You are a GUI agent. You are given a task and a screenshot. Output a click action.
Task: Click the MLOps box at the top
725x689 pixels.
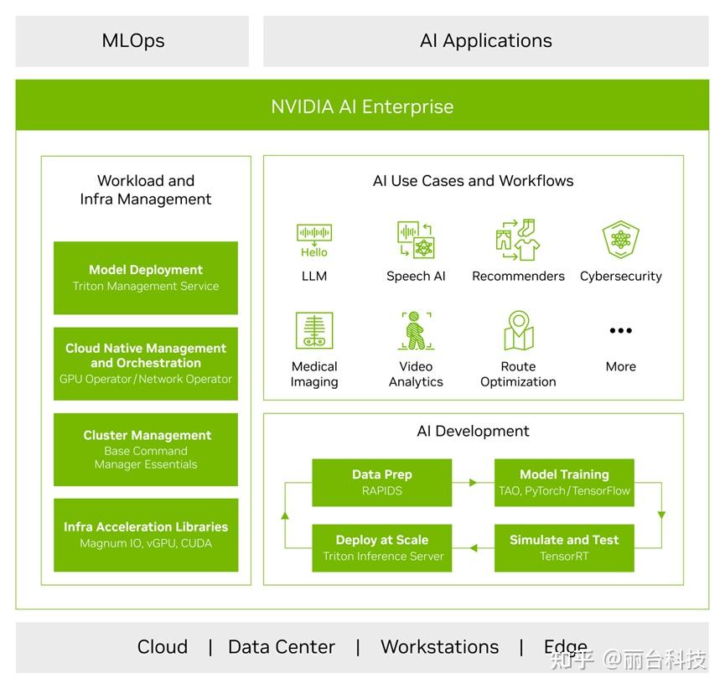point(132,41)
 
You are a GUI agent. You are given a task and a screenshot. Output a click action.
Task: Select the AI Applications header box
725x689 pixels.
point(485,41)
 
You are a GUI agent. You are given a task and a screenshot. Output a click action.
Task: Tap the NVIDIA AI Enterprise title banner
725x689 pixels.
point(362,106)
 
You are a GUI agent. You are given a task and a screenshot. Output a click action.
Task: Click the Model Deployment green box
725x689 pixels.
point(146,278)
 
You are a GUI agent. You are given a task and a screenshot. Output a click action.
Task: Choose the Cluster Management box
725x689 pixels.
point(146,449)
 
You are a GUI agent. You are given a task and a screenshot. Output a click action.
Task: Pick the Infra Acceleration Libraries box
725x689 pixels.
point(146,535)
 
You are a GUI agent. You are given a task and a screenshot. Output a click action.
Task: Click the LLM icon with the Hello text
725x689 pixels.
point(314,240)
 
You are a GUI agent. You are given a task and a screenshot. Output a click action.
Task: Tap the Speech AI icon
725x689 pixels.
point(416,240)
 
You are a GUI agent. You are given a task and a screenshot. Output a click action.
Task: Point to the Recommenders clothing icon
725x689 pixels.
point(518,240)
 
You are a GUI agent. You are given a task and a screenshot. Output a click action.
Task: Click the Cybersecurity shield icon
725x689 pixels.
point(620,240)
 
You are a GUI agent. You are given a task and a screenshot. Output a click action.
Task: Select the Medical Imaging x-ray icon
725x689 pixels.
point(314,330)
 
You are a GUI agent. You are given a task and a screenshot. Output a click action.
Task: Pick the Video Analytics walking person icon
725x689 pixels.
point(416,330)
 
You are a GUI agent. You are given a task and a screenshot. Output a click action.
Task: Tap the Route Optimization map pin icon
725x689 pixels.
point(518,330)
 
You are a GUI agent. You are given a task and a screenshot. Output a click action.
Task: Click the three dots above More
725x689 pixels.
point(620,331)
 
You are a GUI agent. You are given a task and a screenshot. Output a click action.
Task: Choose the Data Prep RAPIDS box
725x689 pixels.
point(381,483)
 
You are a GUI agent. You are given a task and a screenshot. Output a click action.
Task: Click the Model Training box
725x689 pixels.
point(564,483)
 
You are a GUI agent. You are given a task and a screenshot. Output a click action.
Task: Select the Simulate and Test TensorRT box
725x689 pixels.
point(564,548)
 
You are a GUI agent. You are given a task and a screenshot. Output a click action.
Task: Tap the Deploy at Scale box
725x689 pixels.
point(381,548)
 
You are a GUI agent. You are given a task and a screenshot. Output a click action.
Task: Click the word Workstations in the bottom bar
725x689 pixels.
point(439,647)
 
